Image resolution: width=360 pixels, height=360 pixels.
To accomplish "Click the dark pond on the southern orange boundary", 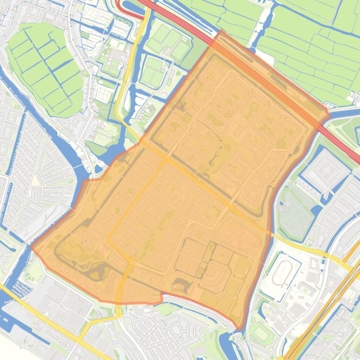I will pyautogui.click(x=179, y=284).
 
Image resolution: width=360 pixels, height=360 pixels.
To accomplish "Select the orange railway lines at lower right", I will pyautogui.click(x=318, y=318).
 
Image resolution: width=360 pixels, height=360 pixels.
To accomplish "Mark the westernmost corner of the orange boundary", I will pyautogui.click(x=31, y=247).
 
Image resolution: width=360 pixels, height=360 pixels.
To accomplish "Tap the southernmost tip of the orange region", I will pyautogui.click(x=239, y=329).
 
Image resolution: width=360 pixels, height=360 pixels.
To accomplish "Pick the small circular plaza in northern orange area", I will pyautogui.click(x=254, y=107).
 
